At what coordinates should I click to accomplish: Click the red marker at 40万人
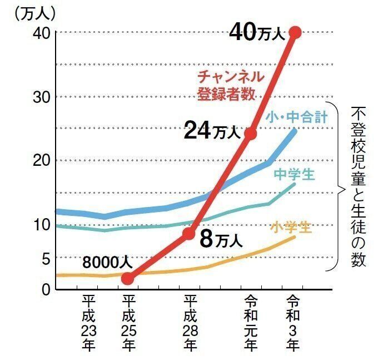[x=295, y=32]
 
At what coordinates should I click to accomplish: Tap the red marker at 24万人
[x=250, y=134]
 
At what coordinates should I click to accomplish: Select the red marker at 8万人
[x=189, y=233]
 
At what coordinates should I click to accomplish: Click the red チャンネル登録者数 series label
[x=230, y=85]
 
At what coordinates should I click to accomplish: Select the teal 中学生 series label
[x=294, y=175]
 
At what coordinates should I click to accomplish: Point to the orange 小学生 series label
[x=291, y=227]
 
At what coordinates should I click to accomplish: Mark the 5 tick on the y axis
[x=47, y=258]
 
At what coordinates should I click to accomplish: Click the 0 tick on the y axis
[x=47, y=289]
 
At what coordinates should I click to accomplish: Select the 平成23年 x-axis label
[x=88, y=323]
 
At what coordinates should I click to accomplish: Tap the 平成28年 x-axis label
[x=190, y=323]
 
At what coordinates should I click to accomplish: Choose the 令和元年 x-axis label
[x=251, y=323]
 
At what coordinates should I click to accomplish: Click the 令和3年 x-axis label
[x=293, y=323]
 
